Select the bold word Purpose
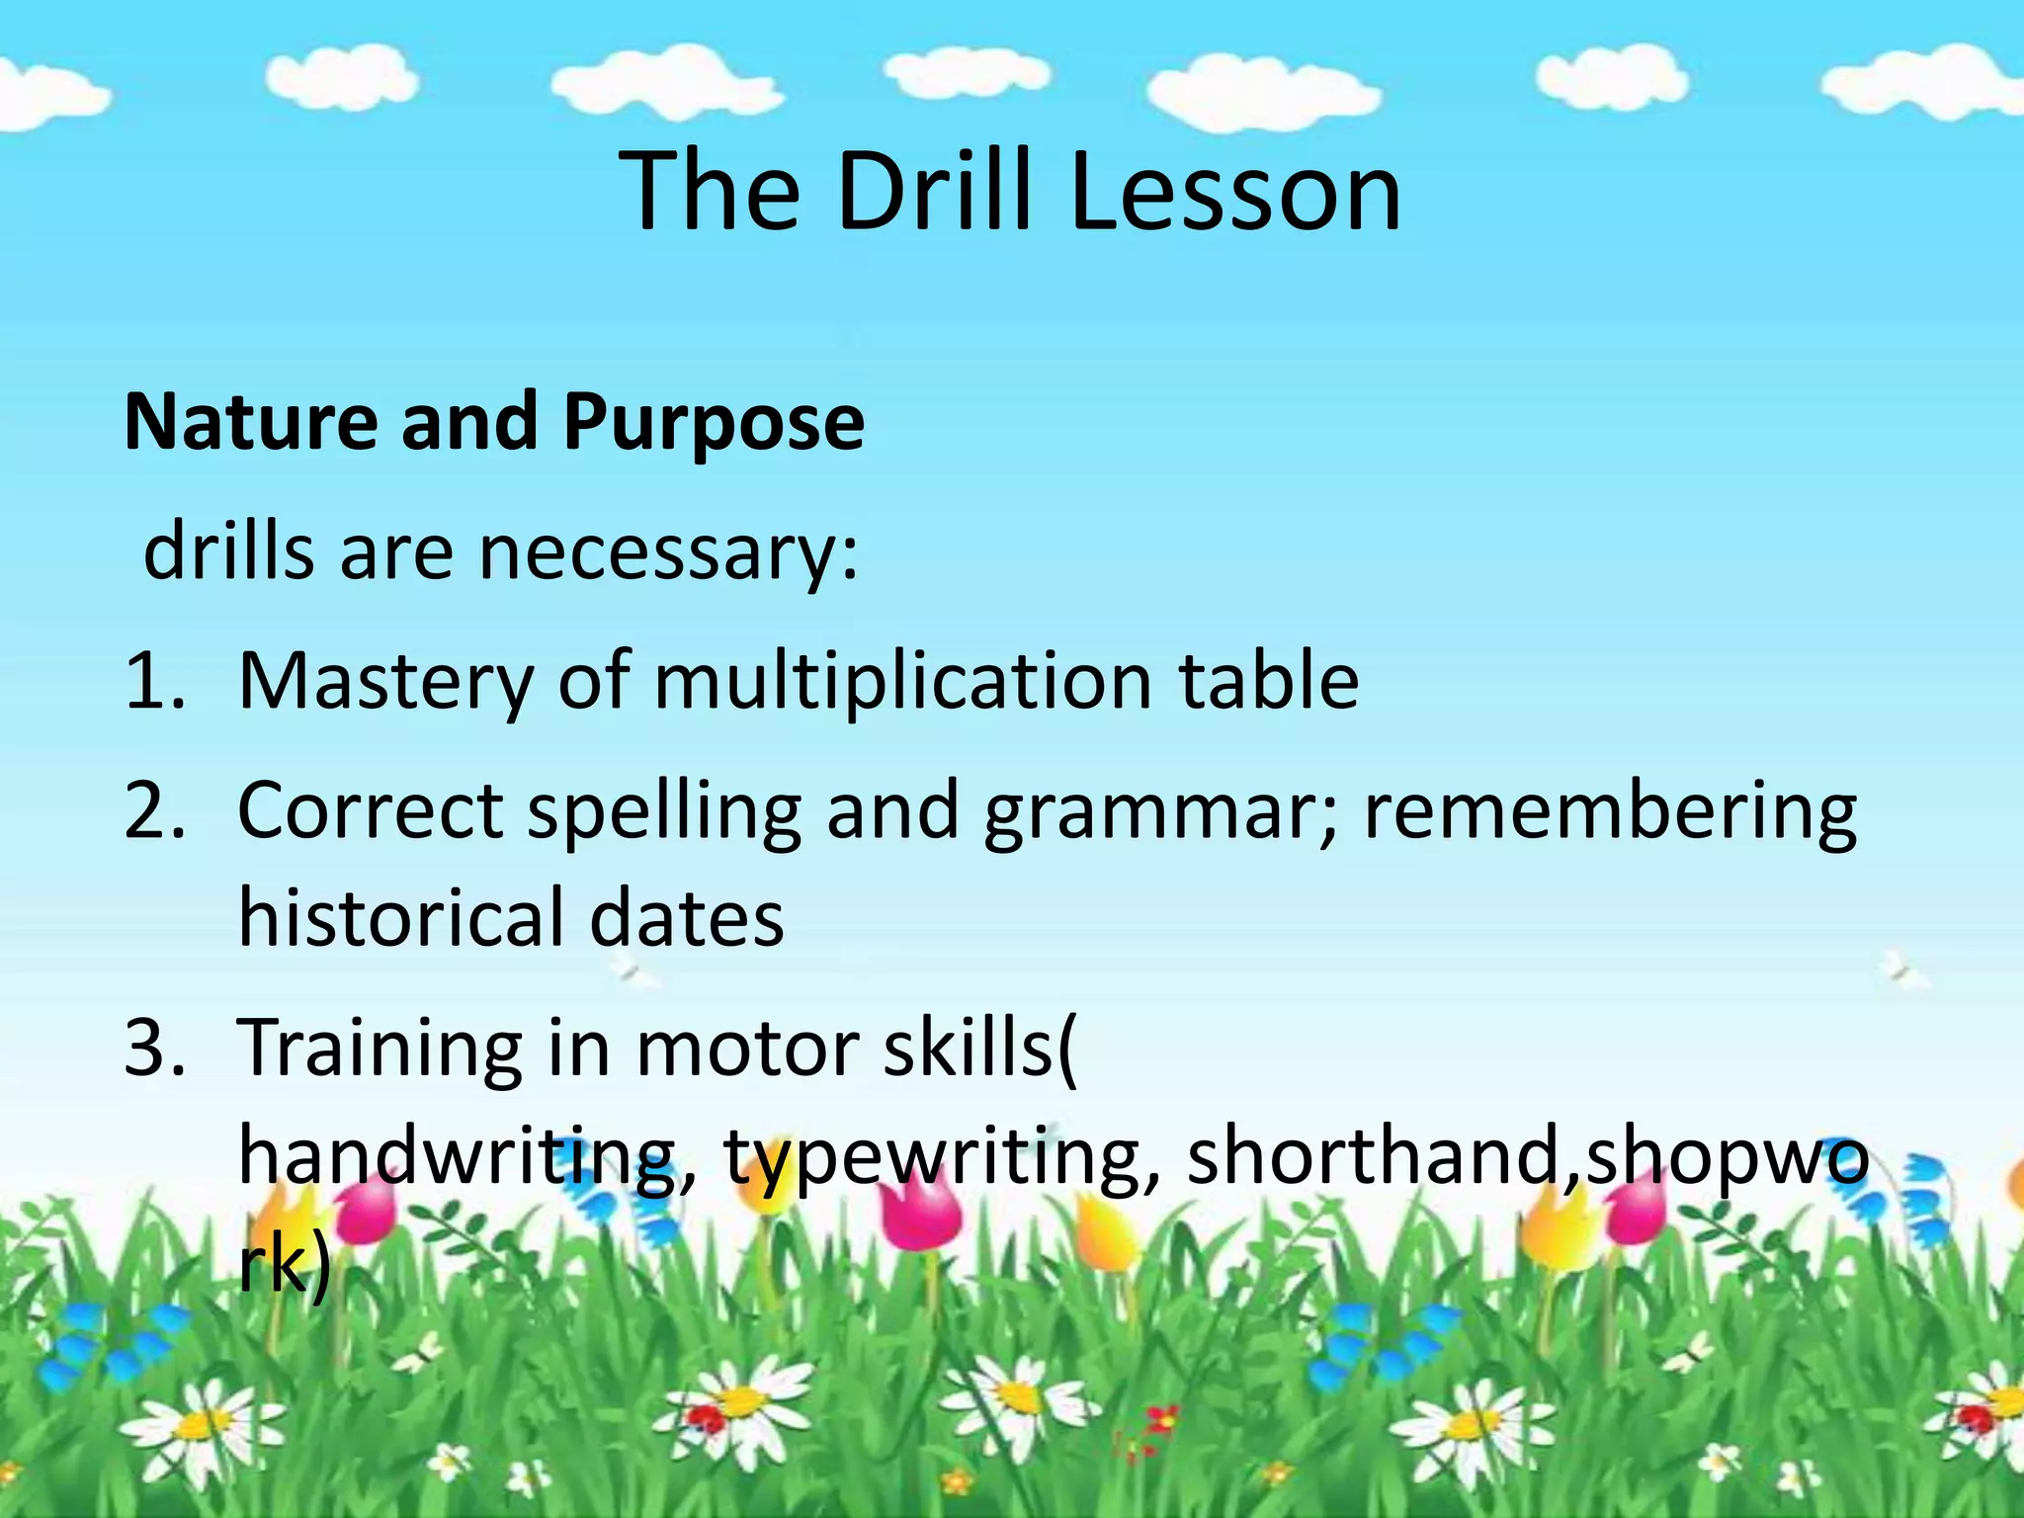coord(714,422)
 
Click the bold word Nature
coord(250,422)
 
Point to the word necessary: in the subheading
coord(669,552)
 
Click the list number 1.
coord(153,681)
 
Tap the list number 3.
coord(153,1049)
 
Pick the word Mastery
coord(386,683)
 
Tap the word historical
coord(401,918)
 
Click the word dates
coord(687,918)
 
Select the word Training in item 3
coord(381,1049)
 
